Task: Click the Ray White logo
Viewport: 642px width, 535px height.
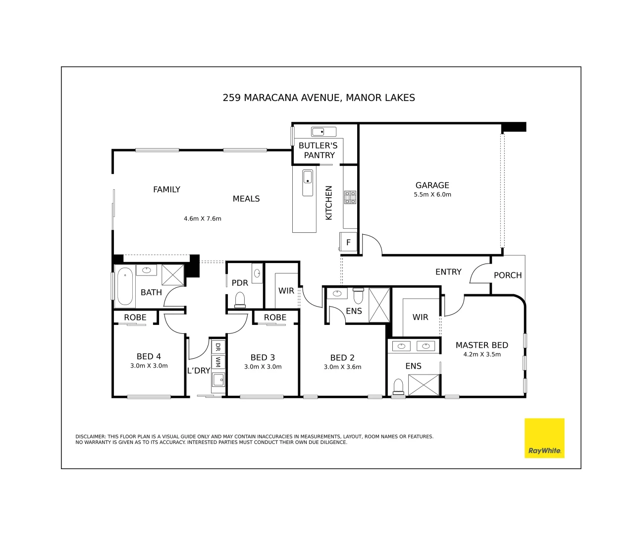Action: (x=544, y=438)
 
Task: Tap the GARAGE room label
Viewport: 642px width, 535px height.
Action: (x=432, y=185)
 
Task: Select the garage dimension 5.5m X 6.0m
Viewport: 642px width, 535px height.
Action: (x=432, y=195)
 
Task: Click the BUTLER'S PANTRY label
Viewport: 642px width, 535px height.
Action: (x=318, y=150)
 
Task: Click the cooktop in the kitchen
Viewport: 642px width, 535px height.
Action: (x=350, y=197)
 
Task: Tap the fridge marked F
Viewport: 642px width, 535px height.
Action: (x=348, y=242)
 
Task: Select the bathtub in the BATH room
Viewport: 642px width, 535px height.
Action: (x=125, y=286)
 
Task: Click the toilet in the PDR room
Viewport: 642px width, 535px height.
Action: (x=240, y=300)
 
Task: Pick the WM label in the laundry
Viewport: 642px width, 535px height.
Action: (x=218, y=362)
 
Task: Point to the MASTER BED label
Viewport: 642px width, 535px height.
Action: (x=481, y=345)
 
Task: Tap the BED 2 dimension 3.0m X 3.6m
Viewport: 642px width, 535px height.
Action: (x=342, y=367)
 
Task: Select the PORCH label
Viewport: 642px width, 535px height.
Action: (x=507, y=275)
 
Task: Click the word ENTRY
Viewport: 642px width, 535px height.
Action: (x=448, y=272)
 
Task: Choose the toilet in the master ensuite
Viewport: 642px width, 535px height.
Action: (x=398, y=386)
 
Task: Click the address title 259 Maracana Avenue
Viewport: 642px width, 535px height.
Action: (x=319, y=98)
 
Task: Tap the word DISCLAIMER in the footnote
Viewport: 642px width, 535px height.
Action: (x=90, y=437)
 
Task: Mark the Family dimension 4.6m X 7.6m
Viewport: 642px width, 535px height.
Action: (x=202, y=218)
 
